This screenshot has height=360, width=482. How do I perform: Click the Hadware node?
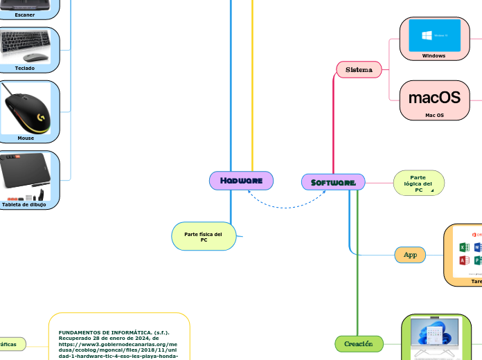tap(241, 181)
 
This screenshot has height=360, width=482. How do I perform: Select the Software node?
tap(333, 182)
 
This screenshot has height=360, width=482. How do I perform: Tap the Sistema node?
tap(359, 69)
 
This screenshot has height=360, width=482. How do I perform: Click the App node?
tap(410, 255)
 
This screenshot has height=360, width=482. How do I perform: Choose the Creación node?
tap(359, 343)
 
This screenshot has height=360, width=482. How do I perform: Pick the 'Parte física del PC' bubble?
tap(203, 237)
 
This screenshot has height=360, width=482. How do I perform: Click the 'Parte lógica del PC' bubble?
tap(418, 183)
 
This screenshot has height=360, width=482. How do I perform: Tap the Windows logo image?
tap(434, 34)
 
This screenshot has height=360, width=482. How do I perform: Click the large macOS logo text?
tap(434, 97)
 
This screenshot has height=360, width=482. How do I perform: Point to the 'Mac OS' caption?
tap(434, 115)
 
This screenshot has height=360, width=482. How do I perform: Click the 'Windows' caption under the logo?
tap(434, 55)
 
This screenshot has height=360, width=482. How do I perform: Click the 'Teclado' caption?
tap(25, 68)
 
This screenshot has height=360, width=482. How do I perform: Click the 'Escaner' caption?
tap(25, 14)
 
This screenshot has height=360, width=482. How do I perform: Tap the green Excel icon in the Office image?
tap(464, 246)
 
